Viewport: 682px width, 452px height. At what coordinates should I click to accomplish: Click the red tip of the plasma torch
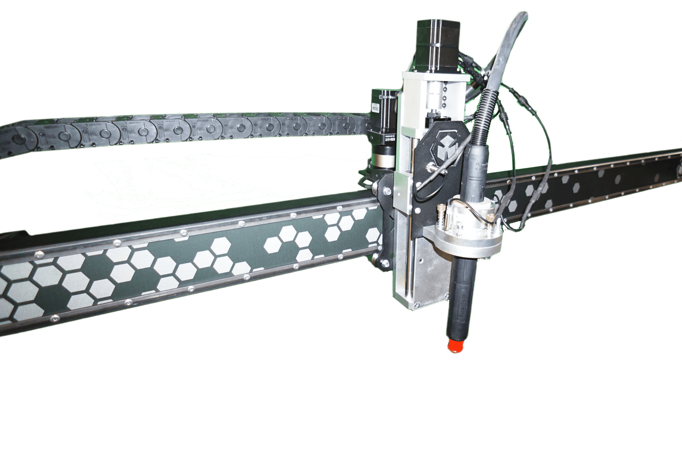456,346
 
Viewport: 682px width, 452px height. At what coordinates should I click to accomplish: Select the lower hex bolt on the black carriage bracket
386,264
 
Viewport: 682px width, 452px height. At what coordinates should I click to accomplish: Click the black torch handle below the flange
461,293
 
